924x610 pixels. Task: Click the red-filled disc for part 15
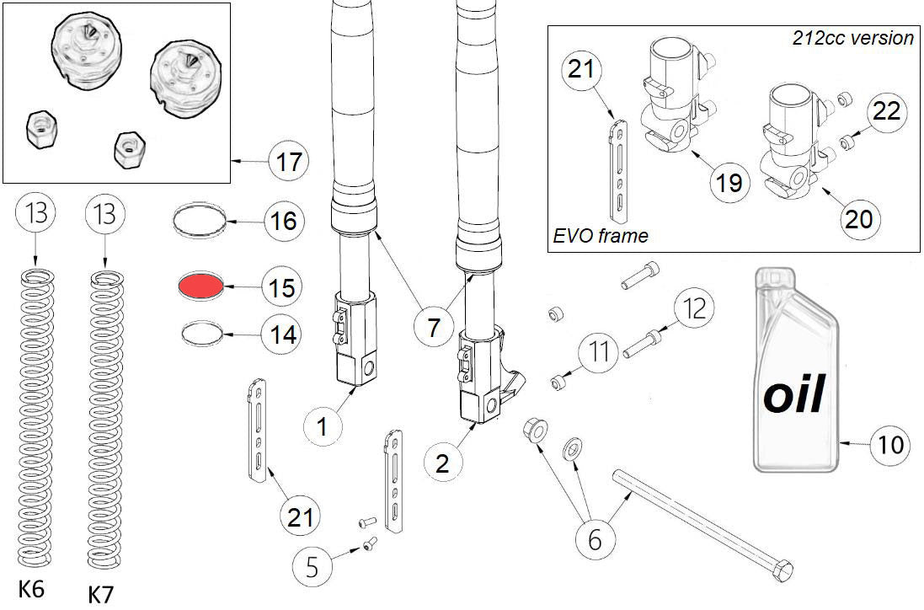tap(201, 286)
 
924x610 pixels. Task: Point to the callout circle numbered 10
tap(889, 443)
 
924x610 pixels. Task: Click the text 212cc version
tap(852, 38)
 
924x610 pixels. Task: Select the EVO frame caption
tap(601, 236)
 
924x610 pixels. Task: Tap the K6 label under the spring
tap(31, 590)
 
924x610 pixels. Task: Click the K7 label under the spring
tap(101, 594)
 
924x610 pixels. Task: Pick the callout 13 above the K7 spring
tap(104, 217)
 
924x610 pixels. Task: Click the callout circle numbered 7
tap(433, 326)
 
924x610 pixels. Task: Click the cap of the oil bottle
tap(774, 279)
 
